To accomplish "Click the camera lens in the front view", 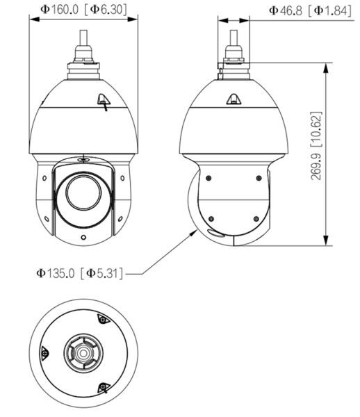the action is [x=83, y=193].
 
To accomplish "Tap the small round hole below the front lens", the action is [x=83, y=237].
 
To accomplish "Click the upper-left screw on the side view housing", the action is [x=208, y=178].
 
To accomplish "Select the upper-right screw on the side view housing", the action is [x=259, y=178].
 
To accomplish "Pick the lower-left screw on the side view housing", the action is [x=211, y=219].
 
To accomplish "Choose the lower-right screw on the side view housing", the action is [x=256, y=219].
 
